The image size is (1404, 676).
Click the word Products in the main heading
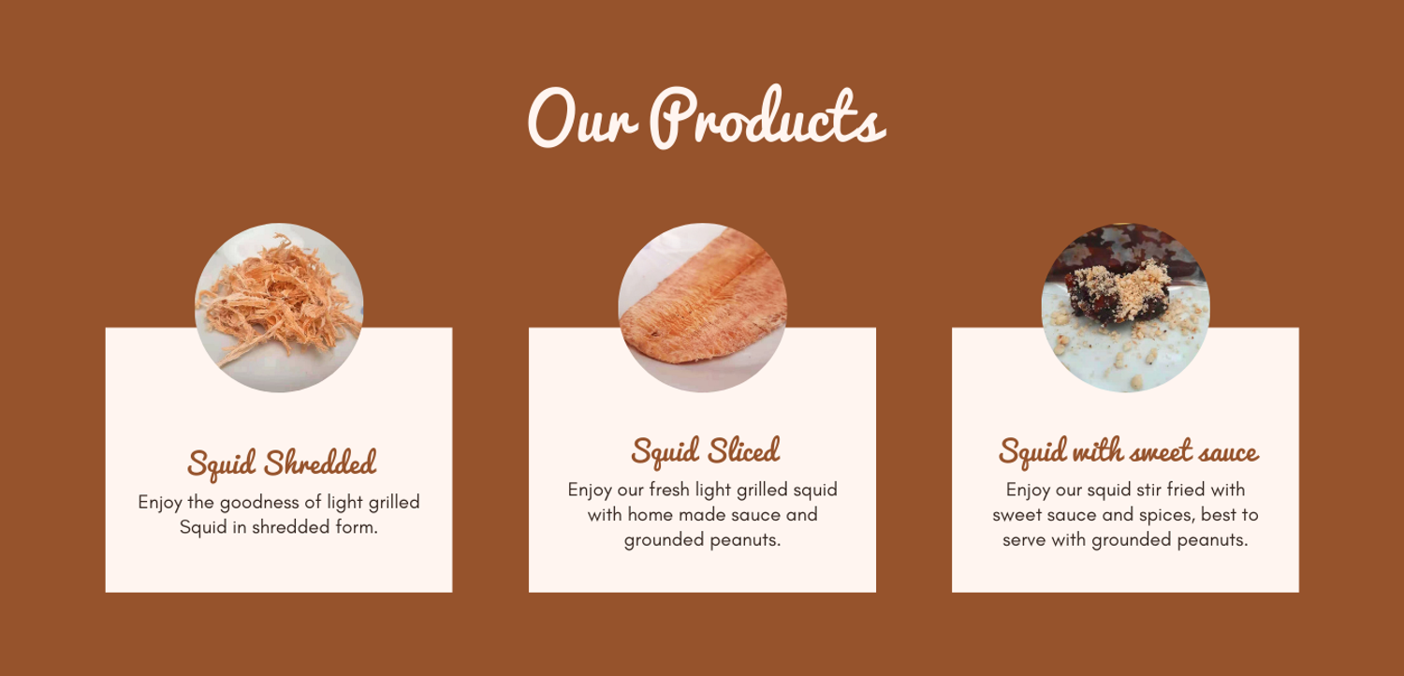(x=768, y=118)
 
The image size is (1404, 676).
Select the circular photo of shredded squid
(x=279, y=307)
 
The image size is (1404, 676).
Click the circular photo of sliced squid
(x=702, y=307)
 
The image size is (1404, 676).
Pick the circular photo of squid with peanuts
(x=1126, y=307)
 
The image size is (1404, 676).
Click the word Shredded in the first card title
(x=320, y=463)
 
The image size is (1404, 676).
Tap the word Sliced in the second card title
(x=744, y=450)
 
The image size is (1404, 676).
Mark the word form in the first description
(x=357, y=527)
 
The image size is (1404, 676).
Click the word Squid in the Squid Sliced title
(x=665, y=451)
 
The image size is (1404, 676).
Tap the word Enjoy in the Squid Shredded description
(x=160, y=503)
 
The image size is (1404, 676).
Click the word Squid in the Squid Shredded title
(x=222, y=464)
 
